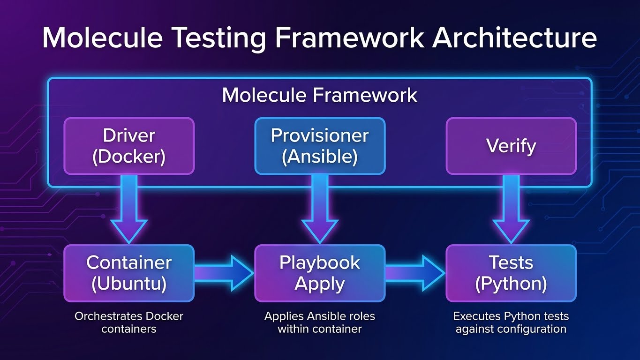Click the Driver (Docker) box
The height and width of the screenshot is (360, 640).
[x=129, y=146]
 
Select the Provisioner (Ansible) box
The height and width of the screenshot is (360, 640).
[x=320, y=146]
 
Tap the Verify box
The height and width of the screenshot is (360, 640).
[x=511, y=146]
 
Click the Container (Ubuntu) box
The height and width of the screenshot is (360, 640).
[x=129, y=273]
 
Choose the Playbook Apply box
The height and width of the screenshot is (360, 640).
[x=320, y=273]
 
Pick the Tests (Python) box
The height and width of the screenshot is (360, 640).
[x=511, y=273]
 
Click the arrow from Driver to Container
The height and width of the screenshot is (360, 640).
[x=129, y=209]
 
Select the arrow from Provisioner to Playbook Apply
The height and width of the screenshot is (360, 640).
[x=320, y=209]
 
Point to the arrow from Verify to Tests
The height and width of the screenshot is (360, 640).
[x=511, y=209]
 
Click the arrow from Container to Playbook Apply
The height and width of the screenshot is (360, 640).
[x=224, y=273]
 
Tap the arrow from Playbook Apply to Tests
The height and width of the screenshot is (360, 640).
[x=415, y=273]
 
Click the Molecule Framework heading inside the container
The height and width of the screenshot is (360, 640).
[x=319, y=95]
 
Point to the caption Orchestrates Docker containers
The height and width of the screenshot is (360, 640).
[x=129, y=322]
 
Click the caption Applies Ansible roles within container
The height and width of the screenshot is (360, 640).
[x=320, y=322]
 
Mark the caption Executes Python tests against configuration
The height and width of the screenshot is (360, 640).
[x=511, y=322]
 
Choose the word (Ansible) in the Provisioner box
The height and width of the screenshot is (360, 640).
[x=320, y=157]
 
